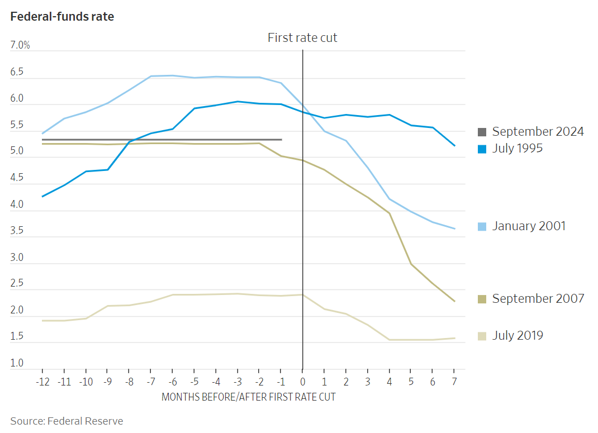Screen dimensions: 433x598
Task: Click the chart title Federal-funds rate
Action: (62, 17)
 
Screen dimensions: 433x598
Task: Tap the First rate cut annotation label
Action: (302, 38)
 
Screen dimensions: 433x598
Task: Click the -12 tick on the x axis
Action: (42, 382)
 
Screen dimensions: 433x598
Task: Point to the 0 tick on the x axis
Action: (302, 382)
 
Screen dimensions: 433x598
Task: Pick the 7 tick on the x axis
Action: (454, 382)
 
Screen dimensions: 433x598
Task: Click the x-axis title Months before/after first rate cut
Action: (248, 397)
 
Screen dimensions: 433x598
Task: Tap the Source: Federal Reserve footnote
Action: (67, 421)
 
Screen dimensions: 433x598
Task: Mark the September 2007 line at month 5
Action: (411, 264)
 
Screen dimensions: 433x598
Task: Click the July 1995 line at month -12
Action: (42, 196)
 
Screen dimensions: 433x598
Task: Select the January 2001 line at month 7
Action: (454, 229)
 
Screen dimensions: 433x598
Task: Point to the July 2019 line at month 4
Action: (389, 340)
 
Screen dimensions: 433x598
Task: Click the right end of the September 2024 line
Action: (281, 140)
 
